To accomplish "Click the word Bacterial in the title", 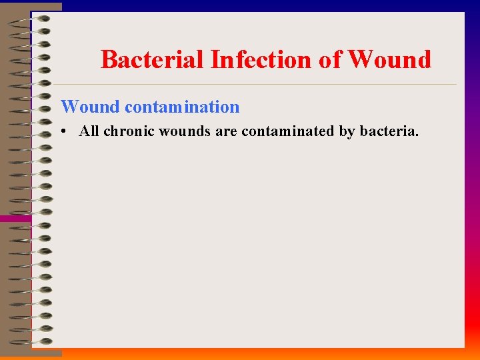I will [153, 60].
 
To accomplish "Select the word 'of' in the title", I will [330, 60].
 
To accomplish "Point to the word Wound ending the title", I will [389, 60].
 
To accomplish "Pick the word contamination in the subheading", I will [181, 107].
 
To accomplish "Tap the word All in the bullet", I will [89, 131].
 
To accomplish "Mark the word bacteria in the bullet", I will [388, 131].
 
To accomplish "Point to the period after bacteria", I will [417, 135].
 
